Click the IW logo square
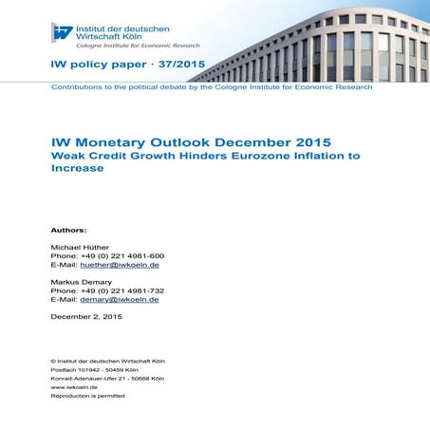click(63, 32)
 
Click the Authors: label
click(68, 230)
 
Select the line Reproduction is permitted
click(87, 396)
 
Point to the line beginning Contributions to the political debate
click(211, 86)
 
